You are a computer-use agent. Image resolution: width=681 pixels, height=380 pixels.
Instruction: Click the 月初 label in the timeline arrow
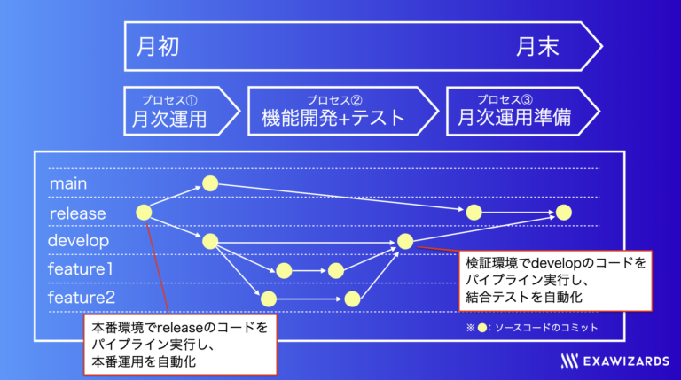158,46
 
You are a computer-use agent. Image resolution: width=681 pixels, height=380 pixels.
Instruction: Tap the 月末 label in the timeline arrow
537,46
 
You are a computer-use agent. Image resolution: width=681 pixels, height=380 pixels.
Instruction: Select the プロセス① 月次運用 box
182,111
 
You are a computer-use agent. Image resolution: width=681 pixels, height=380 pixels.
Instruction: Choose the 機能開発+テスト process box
343,111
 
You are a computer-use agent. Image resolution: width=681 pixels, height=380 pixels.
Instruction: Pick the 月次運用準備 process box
523,111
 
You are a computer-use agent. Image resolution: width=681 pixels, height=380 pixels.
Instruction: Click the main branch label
68,183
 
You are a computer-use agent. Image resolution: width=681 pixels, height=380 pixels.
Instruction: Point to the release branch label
78,213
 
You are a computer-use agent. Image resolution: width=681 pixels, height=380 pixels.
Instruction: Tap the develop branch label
78,240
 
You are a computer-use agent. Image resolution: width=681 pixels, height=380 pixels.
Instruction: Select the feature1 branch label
81,269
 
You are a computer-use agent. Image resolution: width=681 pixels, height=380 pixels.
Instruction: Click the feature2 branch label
82,298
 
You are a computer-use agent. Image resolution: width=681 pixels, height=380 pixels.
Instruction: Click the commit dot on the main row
210,183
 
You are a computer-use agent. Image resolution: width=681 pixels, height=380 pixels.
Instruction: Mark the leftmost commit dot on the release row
144,213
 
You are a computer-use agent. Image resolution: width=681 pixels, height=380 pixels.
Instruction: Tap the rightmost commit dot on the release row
564,213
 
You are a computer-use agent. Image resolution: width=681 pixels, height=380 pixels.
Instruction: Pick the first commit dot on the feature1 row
284,271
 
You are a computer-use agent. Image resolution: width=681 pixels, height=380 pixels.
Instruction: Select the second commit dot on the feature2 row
352,299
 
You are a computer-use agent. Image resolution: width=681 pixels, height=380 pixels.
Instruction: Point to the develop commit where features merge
405,241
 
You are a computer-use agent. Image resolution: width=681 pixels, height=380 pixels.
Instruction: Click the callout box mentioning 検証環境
555,281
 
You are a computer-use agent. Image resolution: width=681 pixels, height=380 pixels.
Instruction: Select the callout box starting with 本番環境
180,345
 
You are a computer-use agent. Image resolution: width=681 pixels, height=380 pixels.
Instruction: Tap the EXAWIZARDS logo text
626,361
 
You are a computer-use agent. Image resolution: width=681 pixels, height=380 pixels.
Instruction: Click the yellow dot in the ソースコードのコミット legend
481,328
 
